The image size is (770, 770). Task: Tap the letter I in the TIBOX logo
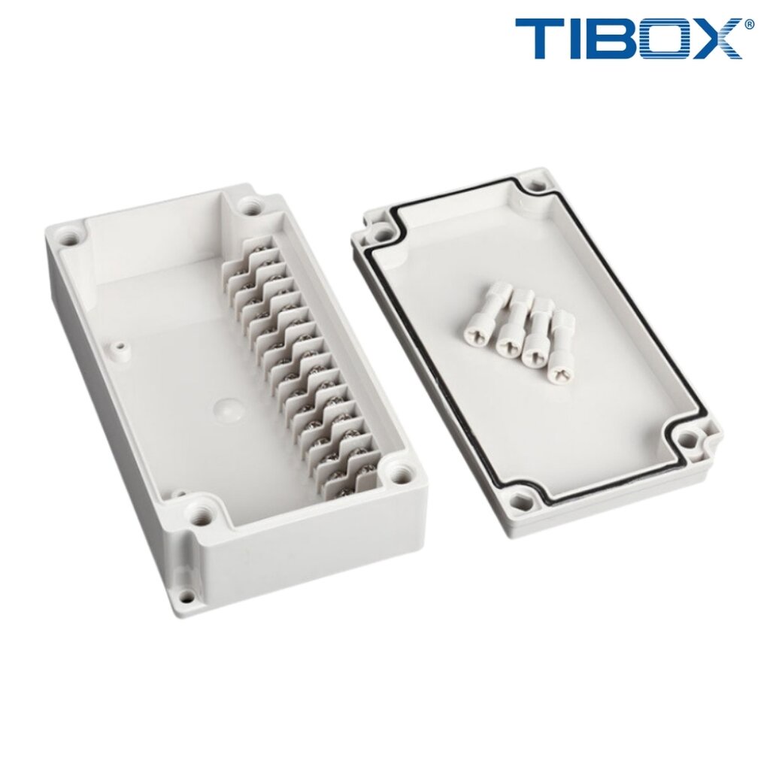(x=577, y=39)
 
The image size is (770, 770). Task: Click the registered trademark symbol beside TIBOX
(x=749, y=24)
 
